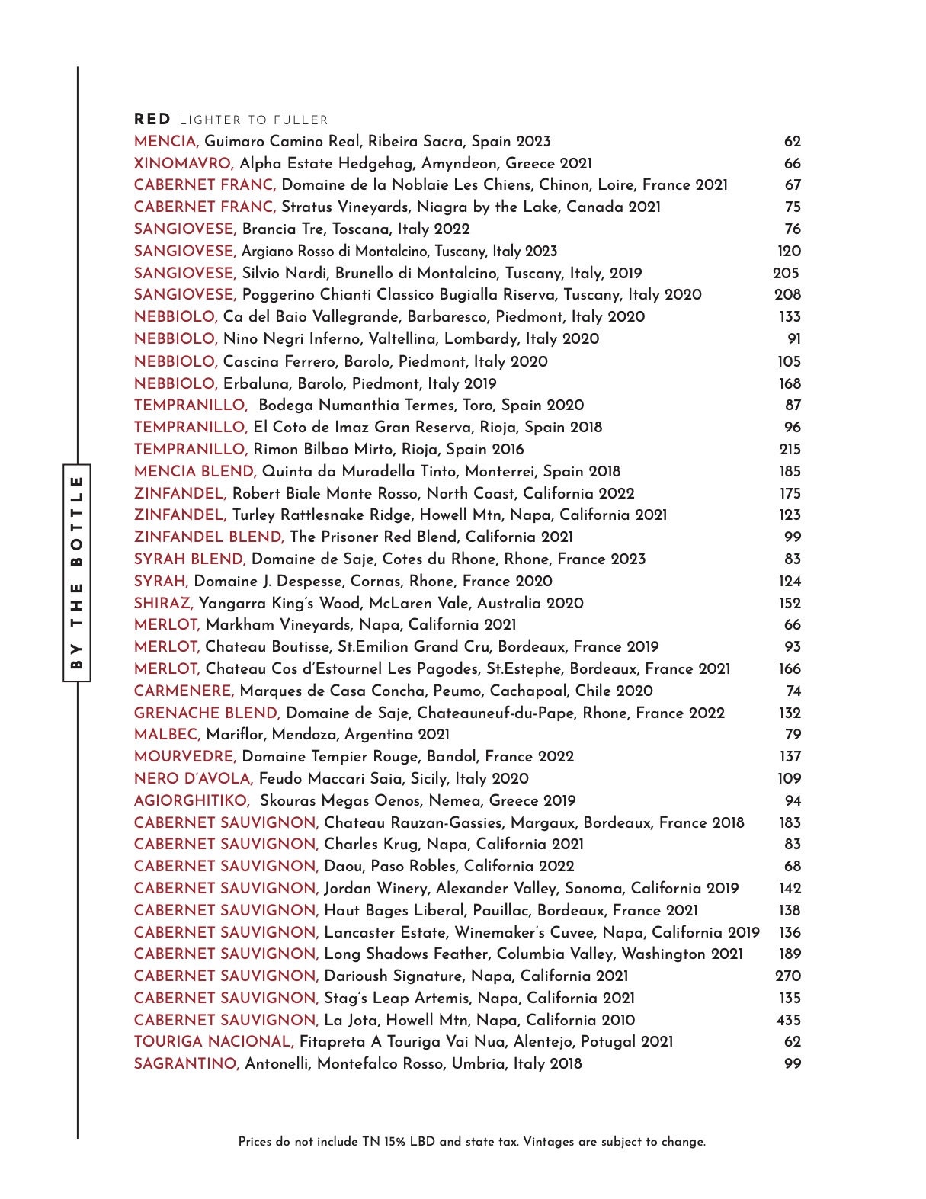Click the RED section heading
(x=152, y=120)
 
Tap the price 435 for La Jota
(x=788, y=1020)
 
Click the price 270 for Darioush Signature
(x=788, y=976)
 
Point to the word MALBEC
(x=167, y=734)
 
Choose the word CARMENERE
(x=184, y=691)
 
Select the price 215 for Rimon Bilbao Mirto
(x=790, y=449)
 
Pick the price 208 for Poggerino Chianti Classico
(x=787, y=294)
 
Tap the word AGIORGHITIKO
(x=191, y=800)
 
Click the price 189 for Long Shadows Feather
(x=790, y=954)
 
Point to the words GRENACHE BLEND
(x=207, y=713)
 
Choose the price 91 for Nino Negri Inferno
(x=793, y=338)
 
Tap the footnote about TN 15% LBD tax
(x=472, y=1141)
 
